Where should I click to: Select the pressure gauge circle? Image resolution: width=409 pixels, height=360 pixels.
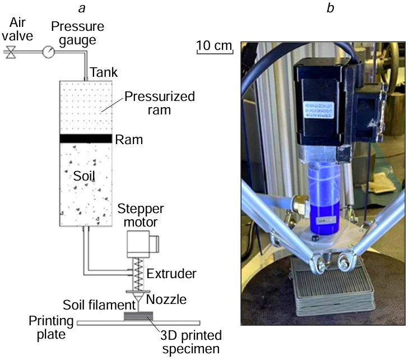click(x=48, y=52)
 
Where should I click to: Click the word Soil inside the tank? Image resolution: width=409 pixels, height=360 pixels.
click(x=85, y=176)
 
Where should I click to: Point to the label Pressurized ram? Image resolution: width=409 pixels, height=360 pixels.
click(x=159, y=103)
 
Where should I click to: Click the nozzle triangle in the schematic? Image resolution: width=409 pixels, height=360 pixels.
click(x=136, y=298)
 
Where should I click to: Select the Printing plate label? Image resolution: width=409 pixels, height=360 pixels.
click(x=51, y=328)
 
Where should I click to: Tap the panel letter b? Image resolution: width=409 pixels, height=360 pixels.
click(x=329, y=8)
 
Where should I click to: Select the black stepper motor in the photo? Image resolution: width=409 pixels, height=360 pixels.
click(x=325, y=107)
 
